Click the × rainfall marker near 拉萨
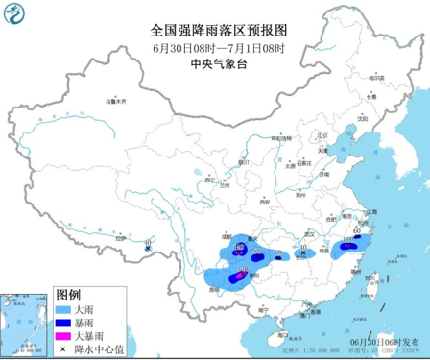click(147, 249)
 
